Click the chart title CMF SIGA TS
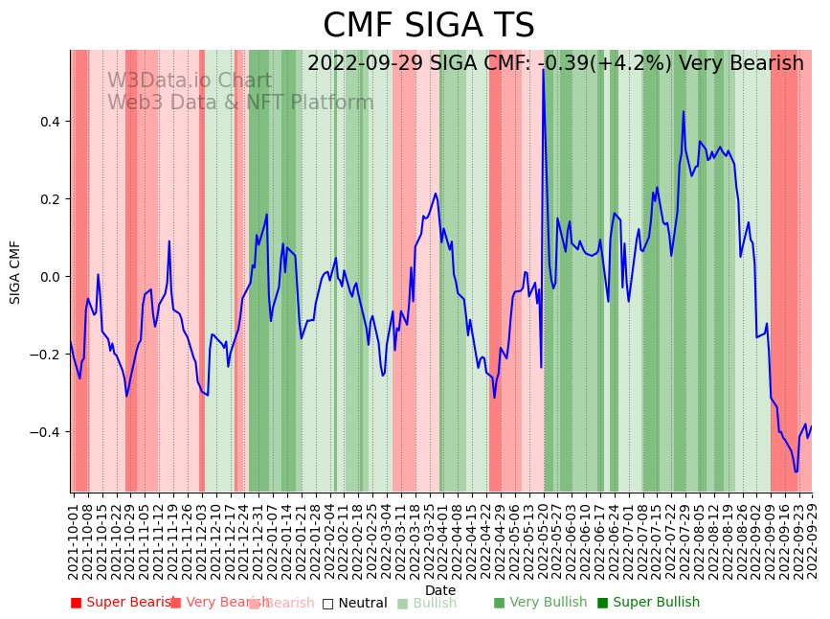[428, 26]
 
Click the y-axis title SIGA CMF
[15, 272]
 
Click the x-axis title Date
[440, 590]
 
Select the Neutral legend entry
[355, 603]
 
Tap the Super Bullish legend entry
[649, 603]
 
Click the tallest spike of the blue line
[543, 70]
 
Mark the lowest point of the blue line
[796, 471]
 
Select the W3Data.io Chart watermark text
[190, 80]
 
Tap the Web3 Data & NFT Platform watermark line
[240, 103]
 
